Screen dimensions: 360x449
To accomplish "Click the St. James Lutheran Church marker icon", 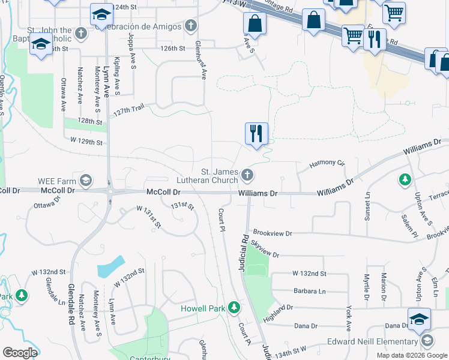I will click(x=247, y=175).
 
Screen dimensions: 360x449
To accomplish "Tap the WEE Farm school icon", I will click(x=86, y=180).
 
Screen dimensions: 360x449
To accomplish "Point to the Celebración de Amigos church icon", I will click(x=190, y=25).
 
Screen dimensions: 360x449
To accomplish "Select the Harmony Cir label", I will click(x=327, y=163).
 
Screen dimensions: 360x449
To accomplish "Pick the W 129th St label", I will click(x=86, y=141).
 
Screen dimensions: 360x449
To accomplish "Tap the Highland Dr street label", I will click(x=277, y=311).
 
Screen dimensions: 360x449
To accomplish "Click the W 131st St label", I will click(x=149, y=217).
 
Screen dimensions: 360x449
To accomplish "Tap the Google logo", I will click(x=19, y=353).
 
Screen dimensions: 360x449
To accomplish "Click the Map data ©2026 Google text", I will click(x=412, y=355).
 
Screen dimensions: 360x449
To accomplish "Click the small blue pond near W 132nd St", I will click(x=111, y=266).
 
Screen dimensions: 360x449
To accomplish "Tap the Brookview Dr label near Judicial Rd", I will click(x=272, y=233).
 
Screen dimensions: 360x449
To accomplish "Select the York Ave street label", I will click(x=349, y=317).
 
